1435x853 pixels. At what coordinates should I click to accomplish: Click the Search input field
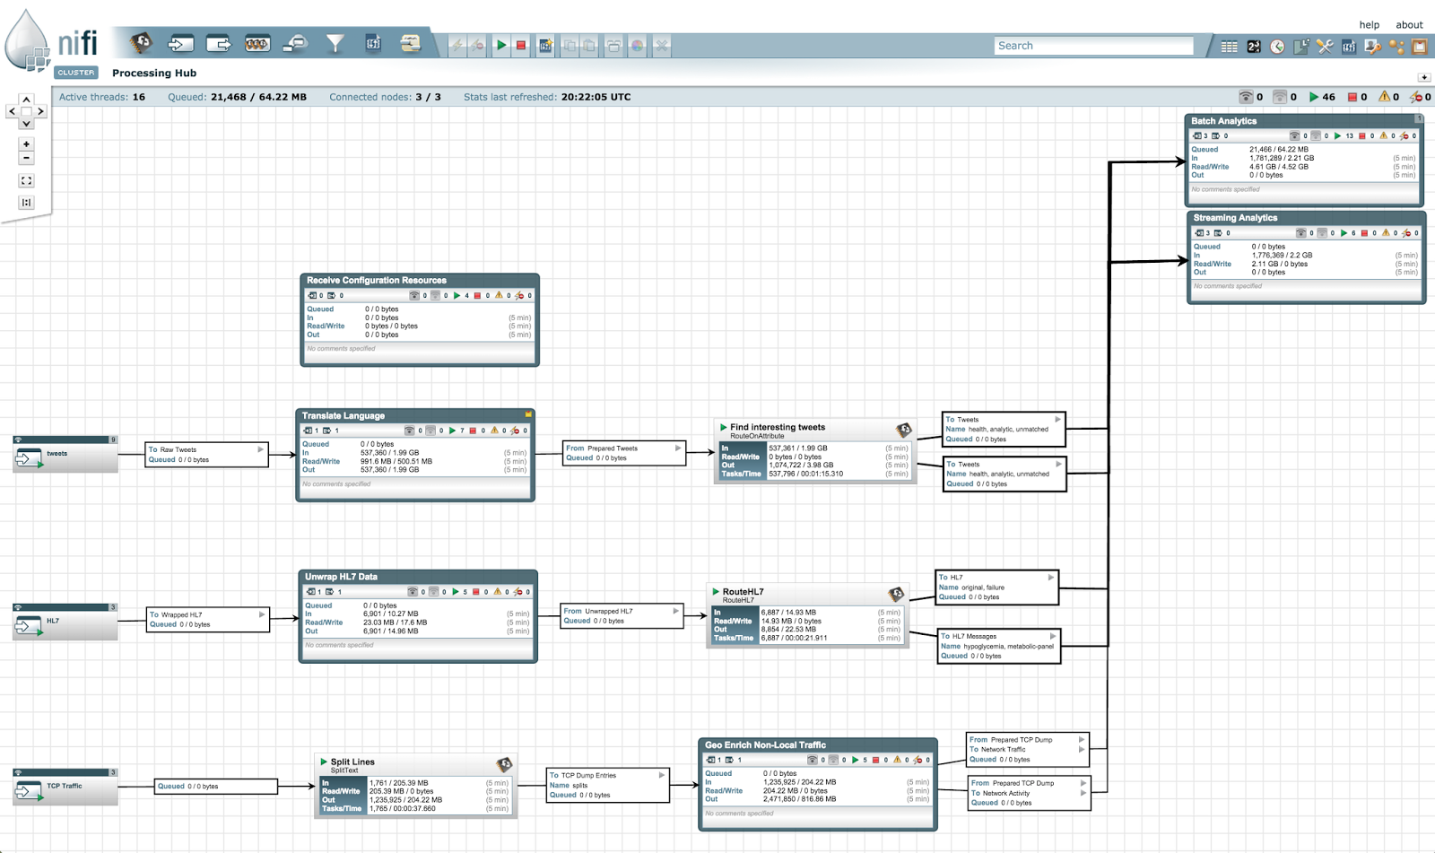(1092, 46)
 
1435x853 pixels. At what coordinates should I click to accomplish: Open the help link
(1369, 25)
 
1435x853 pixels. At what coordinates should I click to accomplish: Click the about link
(1409, 25)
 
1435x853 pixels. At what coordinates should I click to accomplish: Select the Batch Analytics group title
(1223, 121)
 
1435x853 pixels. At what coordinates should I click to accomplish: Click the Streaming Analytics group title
(1235, 218)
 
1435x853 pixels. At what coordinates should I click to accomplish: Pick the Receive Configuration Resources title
(376, 281)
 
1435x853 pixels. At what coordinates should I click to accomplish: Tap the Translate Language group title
(343, 416)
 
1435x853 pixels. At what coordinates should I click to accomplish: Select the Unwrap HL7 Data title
(341, 577)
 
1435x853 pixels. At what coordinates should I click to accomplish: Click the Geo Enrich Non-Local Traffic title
(765, 745)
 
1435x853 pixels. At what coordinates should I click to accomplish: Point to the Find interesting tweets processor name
(777, 427)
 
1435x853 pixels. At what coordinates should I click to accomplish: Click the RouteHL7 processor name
(743, 592)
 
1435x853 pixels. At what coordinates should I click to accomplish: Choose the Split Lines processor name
(352, 762)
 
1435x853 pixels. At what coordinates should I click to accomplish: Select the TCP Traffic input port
(65, 788)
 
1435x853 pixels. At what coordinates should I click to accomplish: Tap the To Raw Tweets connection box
(206, 455)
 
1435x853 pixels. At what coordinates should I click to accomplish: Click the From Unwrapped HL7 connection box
(622, 615)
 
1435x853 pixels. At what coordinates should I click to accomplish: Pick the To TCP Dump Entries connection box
(607, 785)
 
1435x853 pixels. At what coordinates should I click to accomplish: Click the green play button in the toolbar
(501, 45)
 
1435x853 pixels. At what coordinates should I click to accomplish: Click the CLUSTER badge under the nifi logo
(75, 73)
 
